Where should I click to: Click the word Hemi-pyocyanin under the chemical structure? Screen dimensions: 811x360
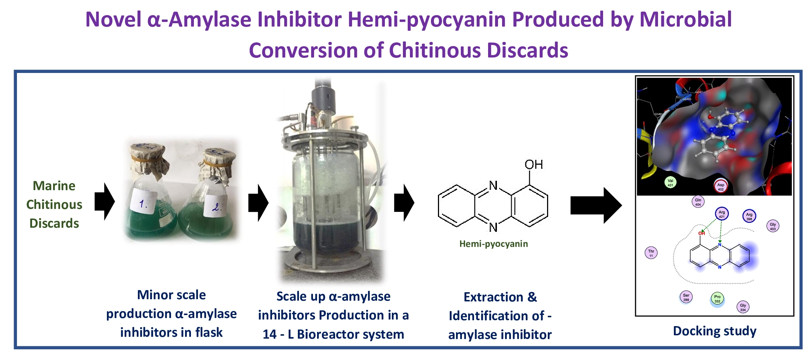pyautogui.click(x=493, y=244)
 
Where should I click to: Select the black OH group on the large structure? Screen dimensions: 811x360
pyautogui.click(x=533, y=164)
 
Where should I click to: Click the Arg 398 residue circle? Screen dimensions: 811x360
pyautogui.click(x=749, y=216)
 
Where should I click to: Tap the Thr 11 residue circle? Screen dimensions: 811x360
pyautogui.click(x=651, y=253)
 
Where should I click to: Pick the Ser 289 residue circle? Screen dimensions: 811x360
pyautogui.click(x=686, y=297)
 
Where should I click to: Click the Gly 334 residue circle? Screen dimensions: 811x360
pyautogui.click(x=743, y=307)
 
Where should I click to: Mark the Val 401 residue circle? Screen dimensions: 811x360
pyautogui.click(x=670, y=182)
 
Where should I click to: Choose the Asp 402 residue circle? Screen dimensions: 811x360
pyautogui.click(x=721, y=186)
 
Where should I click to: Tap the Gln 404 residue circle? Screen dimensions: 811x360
pyautogui.click(x=698, y=202)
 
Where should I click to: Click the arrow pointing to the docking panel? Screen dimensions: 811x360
pyautogui.click(x=595, y=205)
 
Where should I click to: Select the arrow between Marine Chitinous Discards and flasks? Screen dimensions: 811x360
pyautogui.click(x=105, y=202)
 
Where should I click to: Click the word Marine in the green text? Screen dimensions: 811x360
pyautogui.click(x=54, y=186)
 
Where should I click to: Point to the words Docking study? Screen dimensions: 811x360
pyautogui.click(x=714, y=331)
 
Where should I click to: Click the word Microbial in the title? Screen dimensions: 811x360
pyautogui.click(x=686, y=19)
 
